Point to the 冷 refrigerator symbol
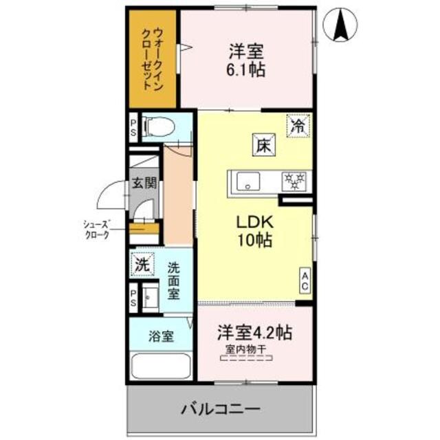[298, 126]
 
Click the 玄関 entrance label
[144, 183]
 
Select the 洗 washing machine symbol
[142, 263]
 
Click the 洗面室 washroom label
[175, 280]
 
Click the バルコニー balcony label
[221, 409]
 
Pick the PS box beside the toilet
[133, 129]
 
